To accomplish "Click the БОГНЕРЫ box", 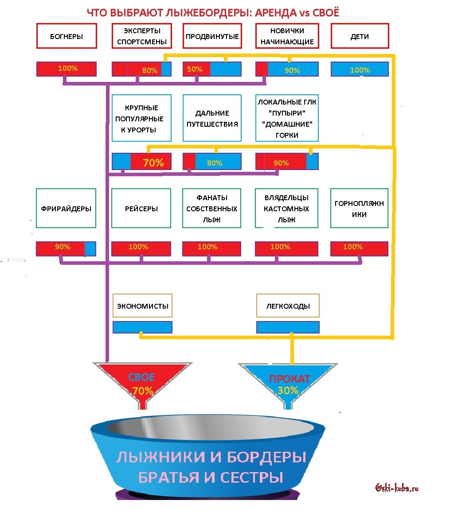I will tap(67, 36).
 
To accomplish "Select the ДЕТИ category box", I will tap(360, 36).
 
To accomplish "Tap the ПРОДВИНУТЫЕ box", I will tap(212, 36).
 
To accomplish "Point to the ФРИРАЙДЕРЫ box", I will tap(66, 209).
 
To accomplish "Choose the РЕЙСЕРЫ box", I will tap(141, 209).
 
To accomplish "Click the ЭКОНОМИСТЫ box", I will tap(142, 306).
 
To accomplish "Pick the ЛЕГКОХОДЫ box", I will tap(288, 306).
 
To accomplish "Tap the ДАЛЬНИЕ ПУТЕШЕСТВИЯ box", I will tap(212, 118).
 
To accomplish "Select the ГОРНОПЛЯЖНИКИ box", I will tap(359, 209).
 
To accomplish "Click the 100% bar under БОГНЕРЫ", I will tap(67, 69).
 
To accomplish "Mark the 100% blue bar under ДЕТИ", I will tap(360, 70).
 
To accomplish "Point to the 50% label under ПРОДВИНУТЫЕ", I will tap(195, 69).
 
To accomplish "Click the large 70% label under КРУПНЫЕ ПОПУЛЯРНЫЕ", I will tap(153, 163).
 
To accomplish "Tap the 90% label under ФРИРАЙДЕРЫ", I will tap(63, 247).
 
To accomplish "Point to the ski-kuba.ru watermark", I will tap(397, 488).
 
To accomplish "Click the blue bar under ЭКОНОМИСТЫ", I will tap(142, 327).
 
